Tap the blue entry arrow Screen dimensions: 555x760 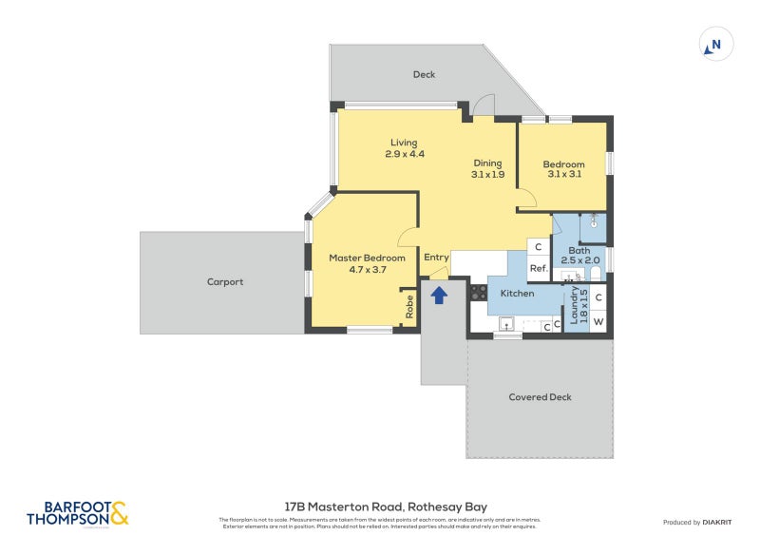point(439,296)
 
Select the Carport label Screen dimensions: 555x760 point(225,282)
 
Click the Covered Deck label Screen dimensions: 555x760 point(540,397)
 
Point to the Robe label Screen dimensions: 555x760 point(409,308)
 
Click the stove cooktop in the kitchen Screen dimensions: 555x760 point(478,293)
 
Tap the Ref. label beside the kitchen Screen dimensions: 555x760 point(538,269)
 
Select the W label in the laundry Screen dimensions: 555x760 point(598,322)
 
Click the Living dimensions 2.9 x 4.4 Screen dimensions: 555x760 point(404,154)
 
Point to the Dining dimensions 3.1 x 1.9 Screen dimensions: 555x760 point(487,174)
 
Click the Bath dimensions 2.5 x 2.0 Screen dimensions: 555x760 point(579,260)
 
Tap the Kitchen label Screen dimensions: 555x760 point(517,294)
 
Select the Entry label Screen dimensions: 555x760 point(436,258)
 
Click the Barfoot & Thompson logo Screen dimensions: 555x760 point(78,513)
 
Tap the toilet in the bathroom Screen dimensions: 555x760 point(596,276)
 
